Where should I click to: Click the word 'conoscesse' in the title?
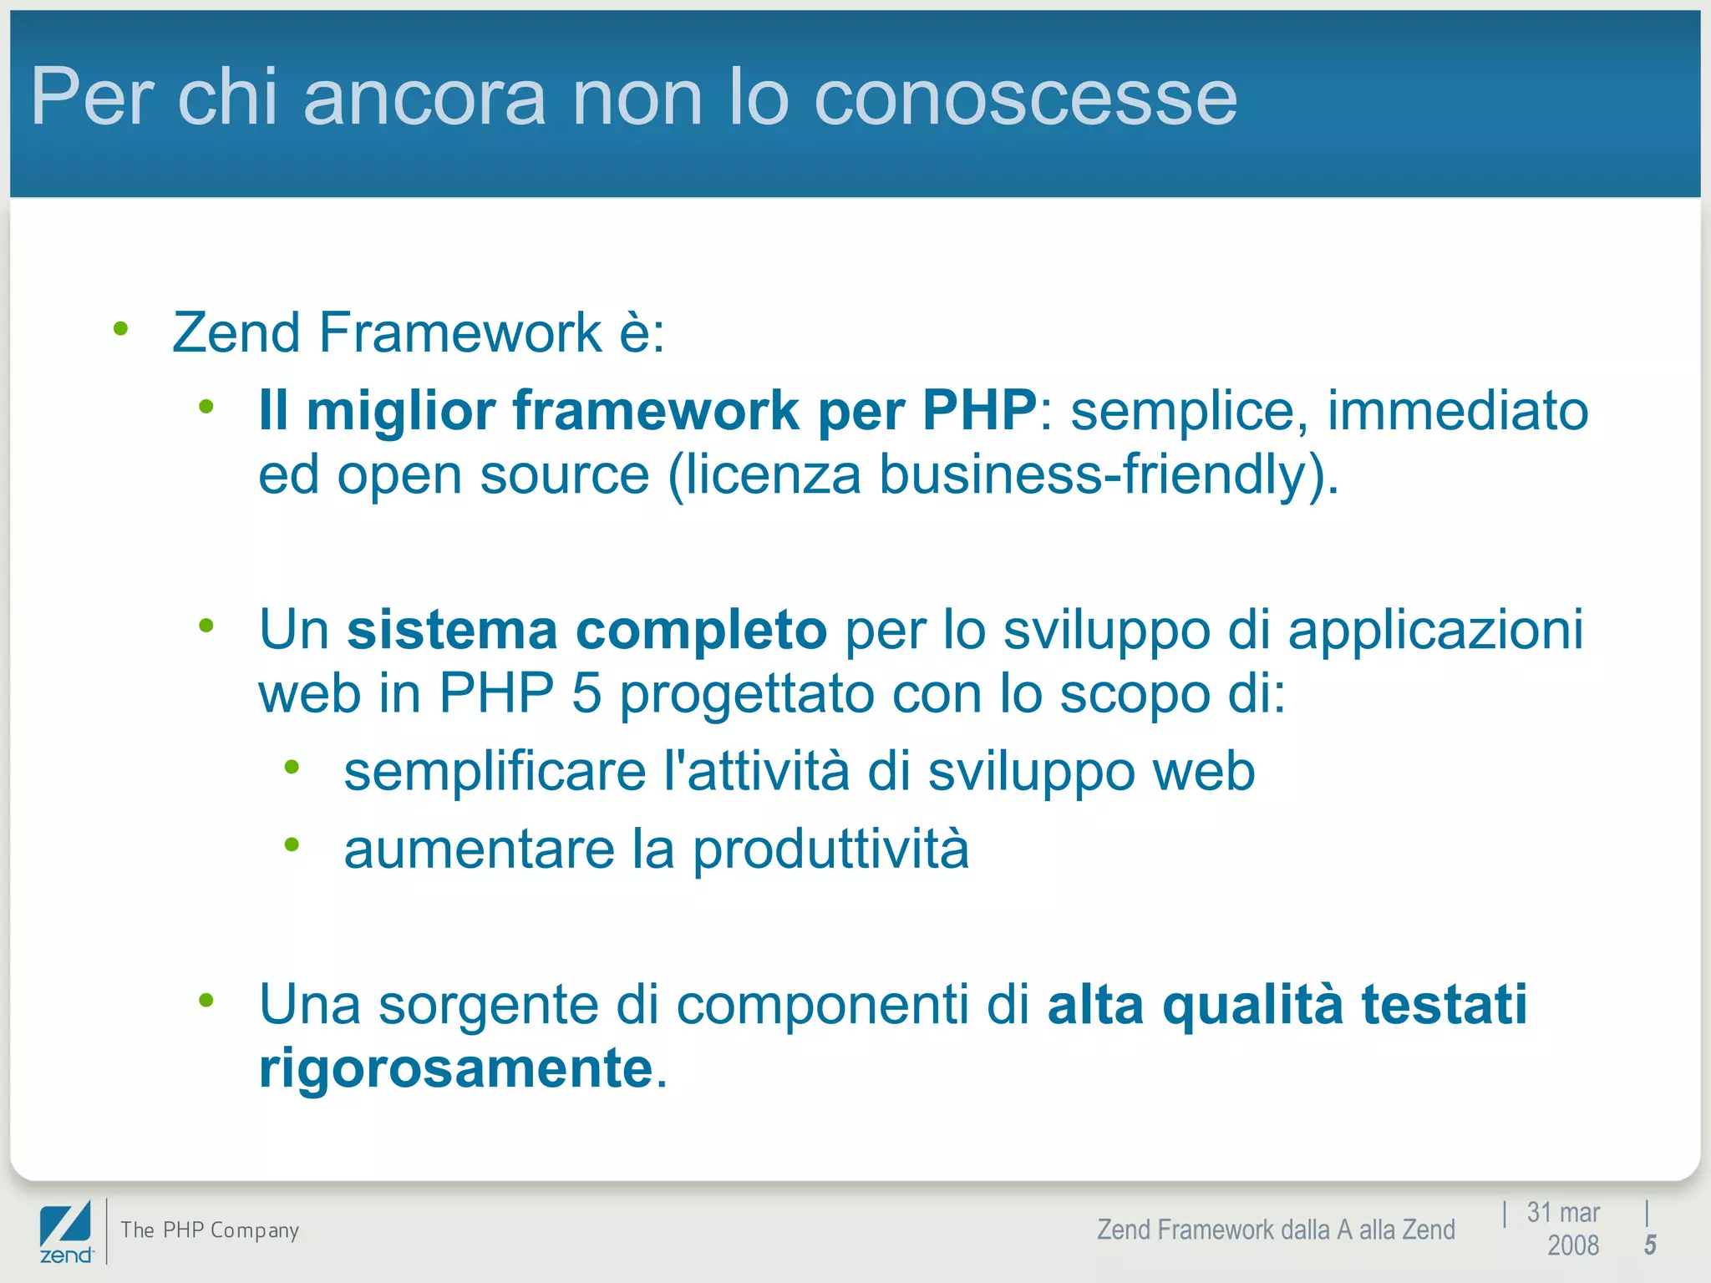coord(1025,99)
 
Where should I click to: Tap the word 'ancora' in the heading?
coord(424,99)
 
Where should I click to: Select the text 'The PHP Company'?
coord(210,1230)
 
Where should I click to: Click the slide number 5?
coord(1650,1245)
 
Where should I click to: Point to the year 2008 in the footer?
coord(1572,1245)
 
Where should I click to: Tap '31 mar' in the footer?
coord(1562,1212)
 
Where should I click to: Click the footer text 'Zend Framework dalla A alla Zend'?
coord(1276,1230)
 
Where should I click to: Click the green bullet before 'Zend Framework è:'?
coord(121,329)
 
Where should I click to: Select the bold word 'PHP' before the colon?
coord(978,411)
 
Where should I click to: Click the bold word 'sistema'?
coord(452,630)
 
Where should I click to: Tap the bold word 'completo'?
coord(702,630)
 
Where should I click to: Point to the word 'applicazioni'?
coord(1434,630)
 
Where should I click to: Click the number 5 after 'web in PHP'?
coord(586,693)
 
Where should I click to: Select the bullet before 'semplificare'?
coord(292,767)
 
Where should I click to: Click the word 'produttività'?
coord(830,849)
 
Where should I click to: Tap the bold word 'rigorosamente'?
coord(456,1068)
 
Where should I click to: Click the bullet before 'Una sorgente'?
coord(206,1000)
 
